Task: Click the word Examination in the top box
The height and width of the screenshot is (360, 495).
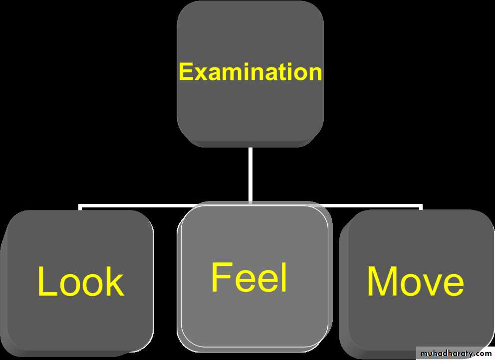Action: tap(250, 72)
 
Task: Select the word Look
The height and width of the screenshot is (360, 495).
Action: tap(80, 282)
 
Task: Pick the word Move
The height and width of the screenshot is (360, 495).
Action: tap(415, 282)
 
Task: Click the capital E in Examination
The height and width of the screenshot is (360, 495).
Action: tap(186, 72)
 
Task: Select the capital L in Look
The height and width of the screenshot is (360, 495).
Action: tap(45, 282)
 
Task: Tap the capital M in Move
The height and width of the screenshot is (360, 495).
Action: tap(383, 282)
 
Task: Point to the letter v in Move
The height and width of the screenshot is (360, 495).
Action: tap(430, 284)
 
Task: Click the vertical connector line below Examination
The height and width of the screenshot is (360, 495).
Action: tap(250, 175)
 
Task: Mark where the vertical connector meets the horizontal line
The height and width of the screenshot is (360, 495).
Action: tap(250, 204)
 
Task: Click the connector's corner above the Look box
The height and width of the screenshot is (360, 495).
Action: tap(80, 205)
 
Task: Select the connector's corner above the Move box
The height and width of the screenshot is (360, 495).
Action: tap(421, 205)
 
